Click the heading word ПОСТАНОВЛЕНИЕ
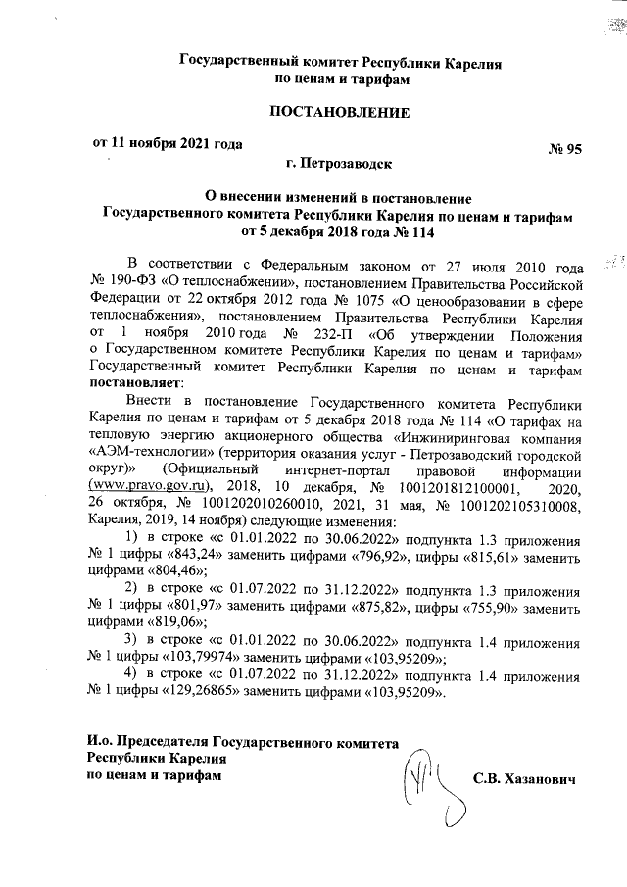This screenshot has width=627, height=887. coord(339,112)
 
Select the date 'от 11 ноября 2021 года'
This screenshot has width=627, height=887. coord(167,142)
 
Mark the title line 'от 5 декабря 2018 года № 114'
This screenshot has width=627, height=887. coord(338,233)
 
